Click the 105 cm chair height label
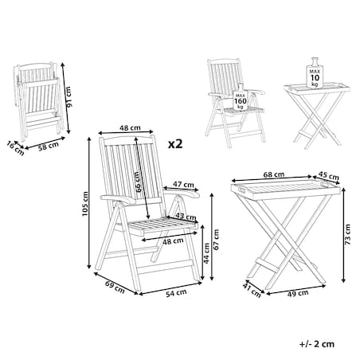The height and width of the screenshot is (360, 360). [85, 204]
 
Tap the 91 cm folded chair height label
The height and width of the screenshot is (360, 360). [69, 97]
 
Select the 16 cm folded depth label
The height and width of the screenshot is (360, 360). [15, 148]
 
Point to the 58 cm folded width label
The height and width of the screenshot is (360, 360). [49, 147]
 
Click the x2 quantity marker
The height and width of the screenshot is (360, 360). [175, 144]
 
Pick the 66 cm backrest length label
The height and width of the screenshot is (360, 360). [138, 182]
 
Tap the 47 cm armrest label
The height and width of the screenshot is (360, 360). [183, 184]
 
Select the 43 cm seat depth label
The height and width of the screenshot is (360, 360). [186, 217]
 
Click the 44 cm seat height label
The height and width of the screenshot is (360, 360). [206, 253]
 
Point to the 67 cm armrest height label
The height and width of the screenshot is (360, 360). [217, 240]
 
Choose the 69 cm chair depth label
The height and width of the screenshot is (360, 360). [115, 288]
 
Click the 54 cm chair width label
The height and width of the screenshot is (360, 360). [176, 293]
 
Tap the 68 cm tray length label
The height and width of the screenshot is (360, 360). [274, 174]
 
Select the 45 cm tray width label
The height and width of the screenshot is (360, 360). [328, 175]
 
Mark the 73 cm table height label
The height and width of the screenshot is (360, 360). [347, 234]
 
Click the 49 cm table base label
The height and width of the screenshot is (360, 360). [298, 293]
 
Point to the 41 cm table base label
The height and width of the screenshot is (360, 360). [252, 290]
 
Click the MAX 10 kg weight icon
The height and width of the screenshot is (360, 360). [315, 72]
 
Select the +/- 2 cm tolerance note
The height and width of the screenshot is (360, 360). [317, 344]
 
